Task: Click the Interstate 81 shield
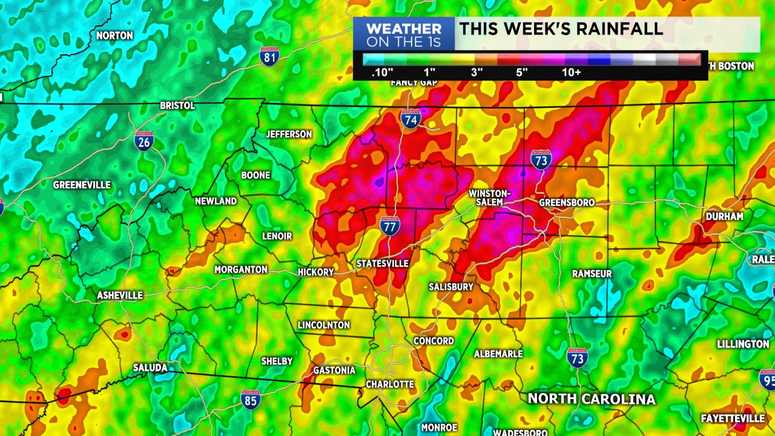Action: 269,56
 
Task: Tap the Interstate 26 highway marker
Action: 144,140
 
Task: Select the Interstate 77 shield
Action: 390,225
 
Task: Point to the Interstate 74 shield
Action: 411,119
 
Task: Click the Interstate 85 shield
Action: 250,400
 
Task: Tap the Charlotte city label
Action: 390,385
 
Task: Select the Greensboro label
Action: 566,202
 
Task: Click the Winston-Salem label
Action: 490,197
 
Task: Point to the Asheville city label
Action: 120,296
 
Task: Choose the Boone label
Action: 256,175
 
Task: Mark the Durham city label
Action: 724,216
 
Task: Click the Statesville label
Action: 382,263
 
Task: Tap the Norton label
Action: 114,36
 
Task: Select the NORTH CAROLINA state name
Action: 592,398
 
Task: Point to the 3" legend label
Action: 477,73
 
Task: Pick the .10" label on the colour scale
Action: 383,73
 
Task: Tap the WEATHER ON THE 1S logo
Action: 404,35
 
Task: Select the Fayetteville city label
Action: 733,418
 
